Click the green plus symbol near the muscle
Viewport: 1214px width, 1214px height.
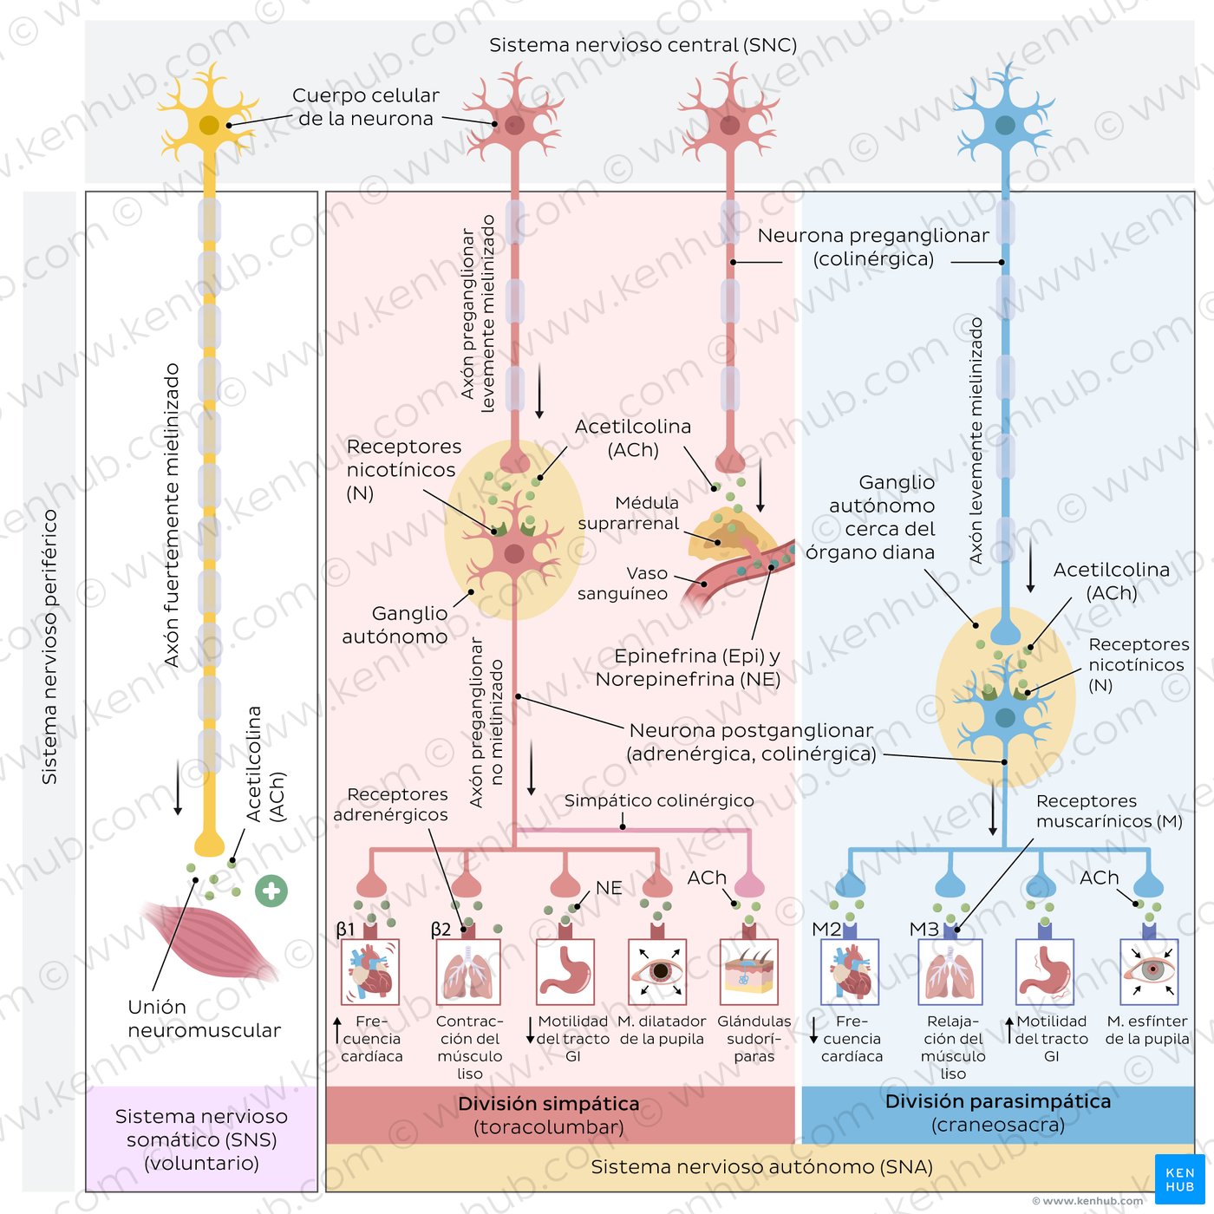(x=271, y=891)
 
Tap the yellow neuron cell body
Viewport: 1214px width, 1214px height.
(x=209, y=124)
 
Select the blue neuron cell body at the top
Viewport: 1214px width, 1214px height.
(x=1004, y=124)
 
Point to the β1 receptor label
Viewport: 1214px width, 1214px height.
(x=345, y=930)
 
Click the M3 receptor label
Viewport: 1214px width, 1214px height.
(x=924, y=929)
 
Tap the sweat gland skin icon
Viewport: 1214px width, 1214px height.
(x=748, y=972)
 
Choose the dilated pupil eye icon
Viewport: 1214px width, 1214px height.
(x=657, y=972)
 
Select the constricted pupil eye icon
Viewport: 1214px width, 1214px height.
(x=1148, y=972)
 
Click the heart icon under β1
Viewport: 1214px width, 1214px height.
(x=369, y=972)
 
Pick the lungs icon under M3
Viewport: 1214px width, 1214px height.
(x=950, y=972)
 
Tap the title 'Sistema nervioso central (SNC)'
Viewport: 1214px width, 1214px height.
(x=643, y=45)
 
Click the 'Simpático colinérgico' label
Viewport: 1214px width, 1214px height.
(x=659, y=800)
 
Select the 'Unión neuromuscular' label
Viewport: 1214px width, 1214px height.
(x=204, y=1018)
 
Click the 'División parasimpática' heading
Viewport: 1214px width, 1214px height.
(x=998, y=1101)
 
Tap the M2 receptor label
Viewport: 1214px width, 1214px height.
(x=826, y=929)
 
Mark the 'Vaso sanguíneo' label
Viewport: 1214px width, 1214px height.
(x=623, y=584)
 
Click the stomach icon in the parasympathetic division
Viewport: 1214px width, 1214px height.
(x=1045, y=972)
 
